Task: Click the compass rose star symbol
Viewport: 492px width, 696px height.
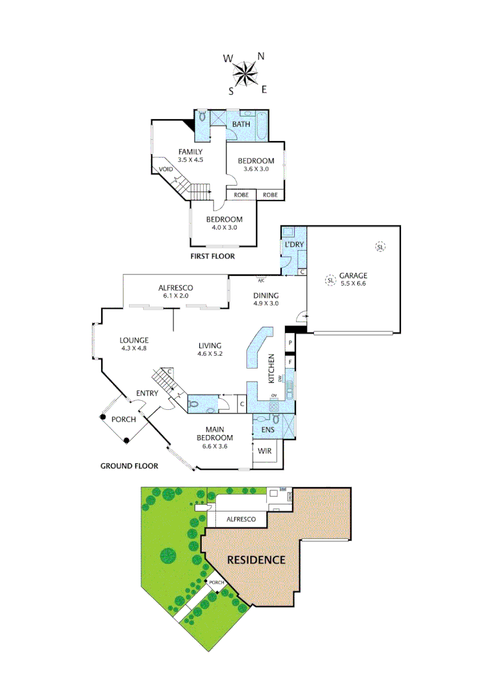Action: click(244, 73)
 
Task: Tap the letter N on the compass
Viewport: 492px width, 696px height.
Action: click(261, 56)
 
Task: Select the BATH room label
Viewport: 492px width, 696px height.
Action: click(241, 124)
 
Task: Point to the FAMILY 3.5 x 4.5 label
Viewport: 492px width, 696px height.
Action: click(190, 155)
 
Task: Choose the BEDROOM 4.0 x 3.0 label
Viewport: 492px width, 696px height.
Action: click(224, 223)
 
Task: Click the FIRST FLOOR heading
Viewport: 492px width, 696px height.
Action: click(212, 256)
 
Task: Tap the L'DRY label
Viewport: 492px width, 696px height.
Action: click(293, 246)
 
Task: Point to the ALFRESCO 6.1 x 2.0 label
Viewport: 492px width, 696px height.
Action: click(176, 291)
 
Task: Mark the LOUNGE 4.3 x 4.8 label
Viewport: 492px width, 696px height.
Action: click(134, 344)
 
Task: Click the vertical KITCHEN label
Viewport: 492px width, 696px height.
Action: click(272, 369)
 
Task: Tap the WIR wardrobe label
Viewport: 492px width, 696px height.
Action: click(265, 451)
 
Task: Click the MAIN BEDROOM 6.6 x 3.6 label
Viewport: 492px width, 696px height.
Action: click(216, 438)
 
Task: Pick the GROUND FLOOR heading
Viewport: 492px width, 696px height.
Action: click(129, 465)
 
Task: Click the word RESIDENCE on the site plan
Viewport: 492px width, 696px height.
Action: click(255, 559)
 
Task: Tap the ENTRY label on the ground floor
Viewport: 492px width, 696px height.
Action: click(147, 394)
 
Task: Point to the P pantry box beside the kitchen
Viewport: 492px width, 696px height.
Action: click(291, 343)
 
